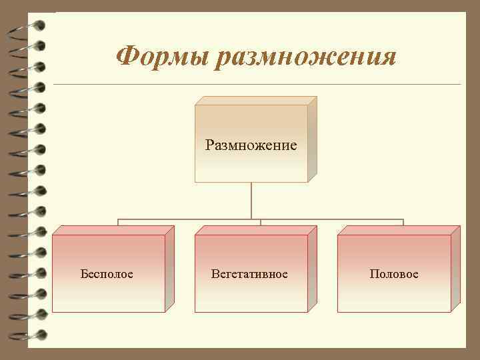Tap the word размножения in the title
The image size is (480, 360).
tap(307, 57)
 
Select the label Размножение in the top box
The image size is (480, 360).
tap(251, 145)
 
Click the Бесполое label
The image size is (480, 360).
tap(107, 274)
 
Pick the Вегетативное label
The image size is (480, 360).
tap(249, 274)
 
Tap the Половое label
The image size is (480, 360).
tap(394, 274)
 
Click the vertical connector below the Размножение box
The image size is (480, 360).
tap(251, 200)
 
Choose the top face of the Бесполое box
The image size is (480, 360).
tap(113, 230)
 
